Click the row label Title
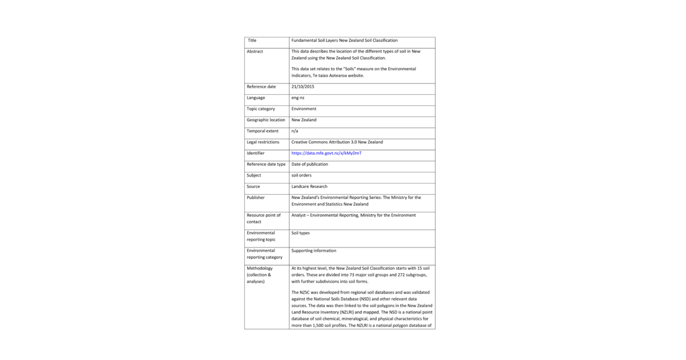(252, 41)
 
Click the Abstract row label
(255, 51)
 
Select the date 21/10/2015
(303, 86)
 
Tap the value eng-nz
(298, 98)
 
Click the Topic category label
(261, 109)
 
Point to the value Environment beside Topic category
(304, 109)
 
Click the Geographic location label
(266, 120)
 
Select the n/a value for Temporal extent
(295, 131)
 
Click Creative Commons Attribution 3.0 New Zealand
(337, 142)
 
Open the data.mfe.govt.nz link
(326, 153)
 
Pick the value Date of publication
(310, 164)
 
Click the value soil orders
(301, 175)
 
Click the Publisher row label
(256, 198)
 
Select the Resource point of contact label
(264, 218)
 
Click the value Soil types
(301, 233)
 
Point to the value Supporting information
(314, 250)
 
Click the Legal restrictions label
(263, 142)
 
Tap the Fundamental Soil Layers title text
(344, 41)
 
